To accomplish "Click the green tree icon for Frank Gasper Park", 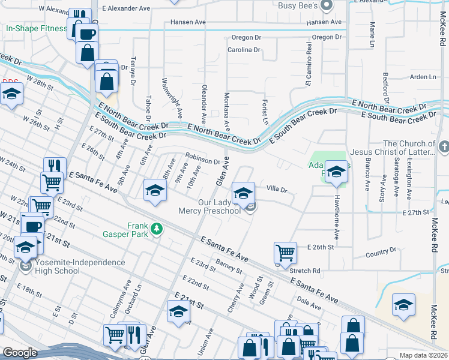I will [x=156, y=229].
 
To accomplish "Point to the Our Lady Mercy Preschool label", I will [x=209, y=206].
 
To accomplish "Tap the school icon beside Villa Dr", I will [x=243, y=193].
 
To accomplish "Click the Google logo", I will [x=20, y=353].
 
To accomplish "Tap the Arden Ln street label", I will [x=423, y=77].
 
